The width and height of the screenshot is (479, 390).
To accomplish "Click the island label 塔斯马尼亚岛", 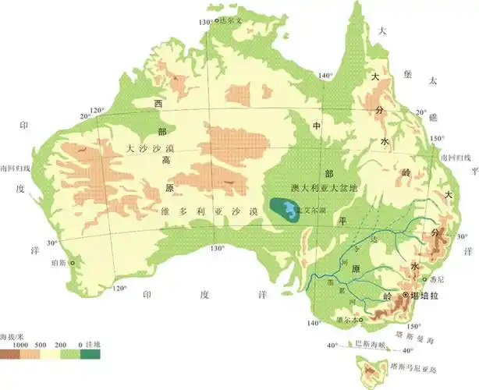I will pyautogui.click(x=418, y=365).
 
